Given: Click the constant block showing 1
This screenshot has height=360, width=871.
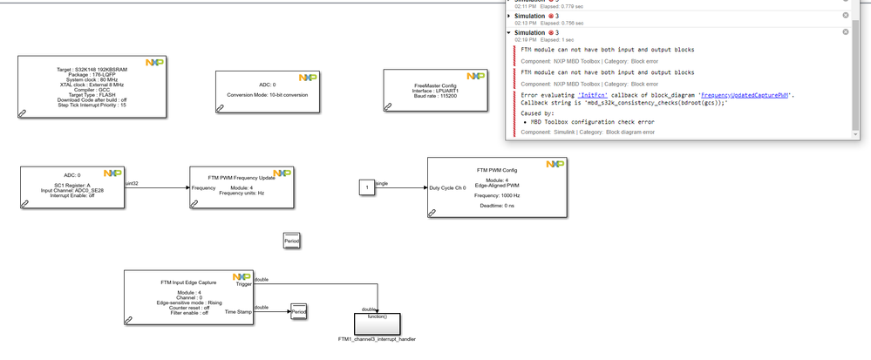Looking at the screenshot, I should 368,187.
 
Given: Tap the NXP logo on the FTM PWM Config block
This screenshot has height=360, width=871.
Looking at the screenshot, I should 555,163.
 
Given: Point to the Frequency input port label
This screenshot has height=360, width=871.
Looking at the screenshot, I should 204,187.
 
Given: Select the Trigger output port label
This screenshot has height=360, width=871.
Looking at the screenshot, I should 243,284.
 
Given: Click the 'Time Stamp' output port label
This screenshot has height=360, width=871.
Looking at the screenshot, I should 238,310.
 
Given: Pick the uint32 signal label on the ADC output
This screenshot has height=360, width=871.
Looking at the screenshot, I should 133,183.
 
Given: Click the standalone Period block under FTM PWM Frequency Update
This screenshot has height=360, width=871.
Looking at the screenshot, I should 292,241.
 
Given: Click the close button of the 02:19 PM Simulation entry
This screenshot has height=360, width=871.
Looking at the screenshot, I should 845,31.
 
